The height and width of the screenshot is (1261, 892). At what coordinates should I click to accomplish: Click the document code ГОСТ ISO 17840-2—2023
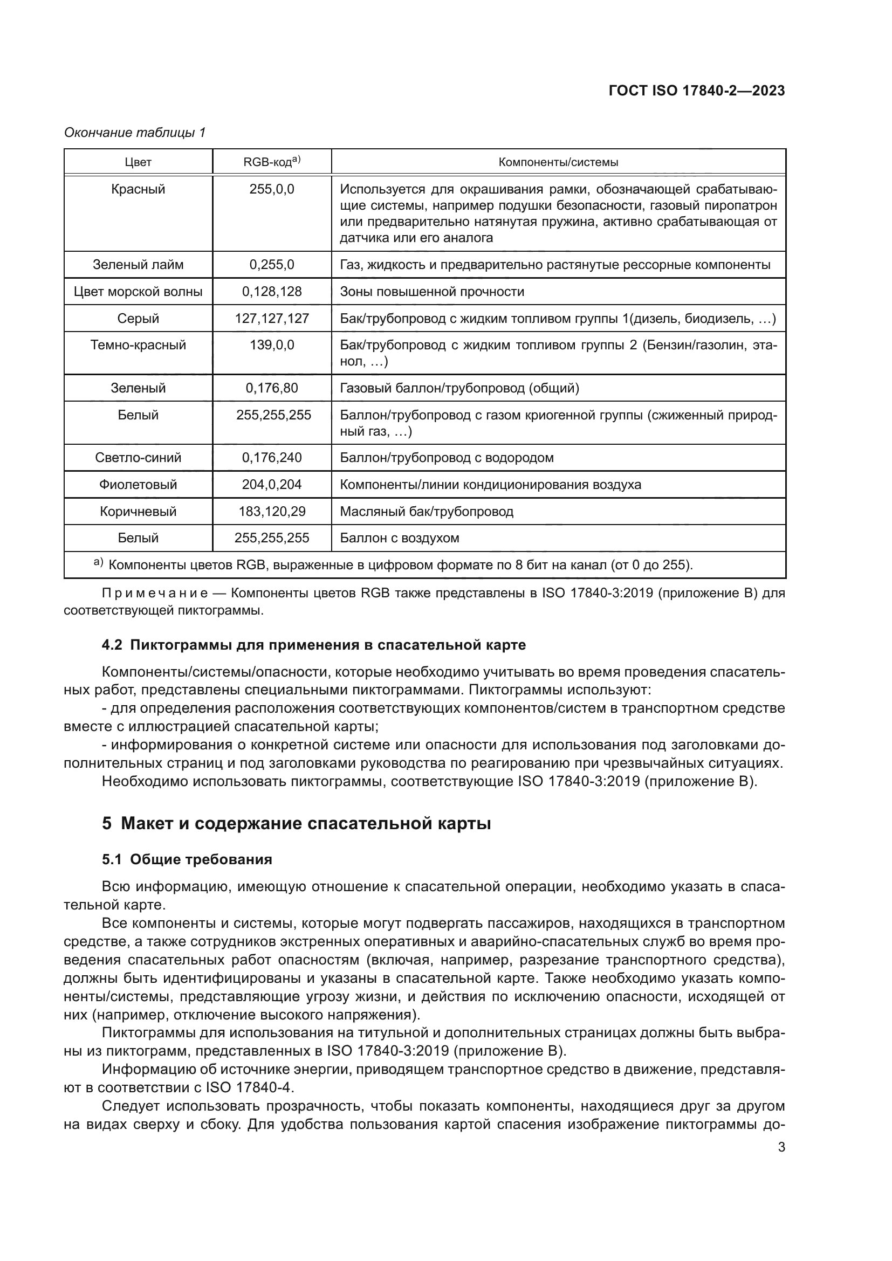point(696,91)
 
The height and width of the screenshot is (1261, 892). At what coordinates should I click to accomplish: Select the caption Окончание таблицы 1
point(135,133)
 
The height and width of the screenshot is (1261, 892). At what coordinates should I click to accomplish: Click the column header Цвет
point(138,162)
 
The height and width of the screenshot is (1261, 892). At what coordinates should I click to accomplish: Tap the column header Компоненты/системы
point(558,162)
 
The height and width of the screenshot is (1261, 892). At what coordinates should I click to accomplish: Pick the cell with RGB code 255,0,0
point(271,189)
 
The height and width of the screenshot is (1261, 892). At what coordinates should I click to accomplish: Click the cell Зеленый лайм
point(138,265)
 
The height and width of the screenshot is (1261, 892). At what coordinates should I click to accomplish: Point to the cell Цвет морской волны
point(138,292)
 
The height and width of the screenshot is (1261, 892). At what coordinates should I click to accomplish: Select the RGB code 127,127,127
point(271,319)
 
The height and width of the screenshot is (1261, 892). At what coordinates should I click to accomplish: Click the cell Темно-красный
point(138,346)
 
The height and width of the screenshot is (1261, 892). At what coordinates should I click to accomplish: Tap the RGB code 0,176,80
point(271,388)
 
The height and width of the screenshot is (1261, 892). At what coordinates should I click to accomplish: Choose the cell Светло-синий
point(138,458)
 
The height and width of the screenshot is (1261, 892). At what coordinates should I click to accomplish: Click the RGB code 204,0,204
point(271,485)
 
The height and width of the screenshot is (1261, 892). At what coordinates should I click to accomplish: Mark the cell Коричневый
point(138,512)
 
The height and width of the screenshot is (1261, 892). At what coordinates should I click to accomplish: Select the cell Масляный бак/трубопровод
point(426,512)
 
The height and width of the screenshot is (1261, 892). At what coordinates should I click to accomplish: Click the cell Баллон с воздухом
point(399,538)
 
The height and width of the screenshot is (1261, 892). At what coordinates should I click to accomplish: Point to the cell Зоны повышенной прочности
point(432,292)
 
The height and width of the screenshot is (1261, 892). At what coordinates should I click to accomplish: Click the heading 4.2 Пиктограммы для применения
point(314,645)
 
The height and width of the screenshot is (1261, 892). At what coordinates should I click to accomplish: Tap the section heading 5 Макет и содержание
point(296,823)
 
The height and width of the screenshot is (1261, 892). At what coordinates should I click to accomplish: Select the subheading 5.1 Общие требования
point(187,859)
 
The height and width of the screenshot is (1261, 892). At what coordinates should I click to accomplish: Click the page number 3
point(781,1148)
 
